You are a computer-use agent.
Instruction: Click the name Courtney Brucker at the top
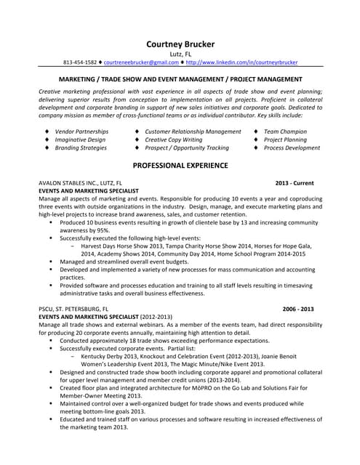tap(180, 43)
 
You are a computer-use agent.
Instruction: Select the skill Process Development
tap(292, 147)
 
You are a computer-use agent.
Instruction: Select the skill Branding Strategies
tap(81, 147)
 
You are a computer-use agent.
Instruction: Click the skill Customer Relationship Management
tap(193, 132)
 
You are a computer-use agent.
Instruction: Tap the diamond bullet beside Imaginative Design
tap(47, 139)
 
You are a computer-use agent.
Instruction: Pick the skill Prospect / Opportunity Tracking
tap(187, 147)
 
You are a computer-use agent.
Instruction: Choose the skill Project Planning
tap(285, 139)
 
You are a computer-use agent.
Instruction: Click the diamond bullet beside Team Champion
tap(256, 132)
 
